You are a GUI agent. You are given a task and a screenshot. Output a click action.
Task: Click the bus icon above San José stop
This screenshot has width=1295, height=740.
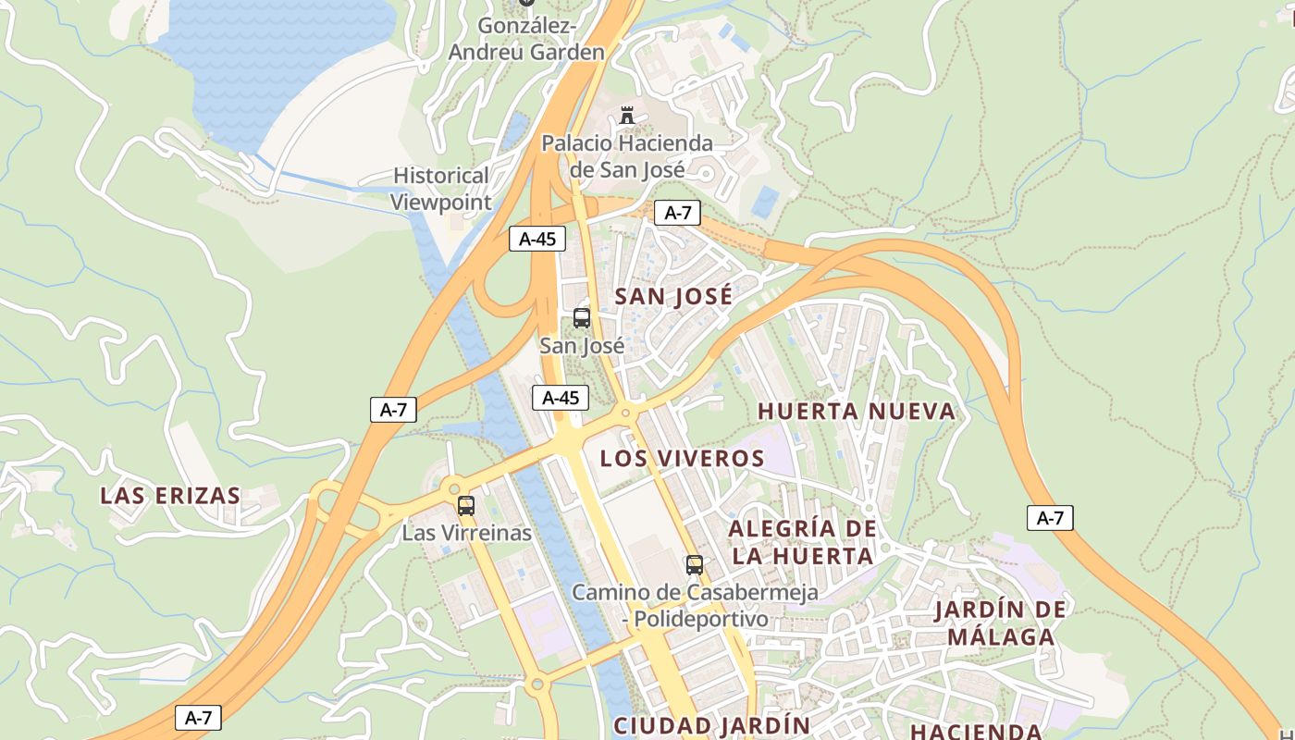582,318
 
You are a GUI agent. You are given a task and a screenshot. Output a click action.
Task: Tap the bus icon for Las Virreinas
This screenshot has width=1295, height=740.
466,506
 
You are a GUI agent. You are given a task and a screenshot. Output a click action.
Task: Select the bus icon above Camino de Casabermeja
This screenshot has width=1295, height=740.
694,564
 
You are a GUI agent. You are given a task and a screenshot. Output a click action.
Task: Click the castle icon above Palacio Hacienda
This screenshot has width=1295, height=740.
628,116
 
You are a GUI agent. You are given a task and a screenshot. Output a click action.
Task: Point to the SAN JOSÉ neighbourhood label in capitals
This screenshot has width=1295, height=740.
673,297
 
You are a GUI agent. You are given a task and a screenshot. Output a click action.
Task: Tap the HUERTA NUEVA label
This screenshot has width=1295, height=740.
856,412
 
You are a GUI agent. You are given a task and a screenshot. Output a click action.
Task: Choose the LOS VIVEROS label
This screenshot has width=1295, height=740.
682,459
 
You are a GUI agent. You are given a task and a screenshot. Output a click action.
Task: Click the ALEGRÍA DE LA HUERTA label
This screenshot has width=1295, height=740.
801,542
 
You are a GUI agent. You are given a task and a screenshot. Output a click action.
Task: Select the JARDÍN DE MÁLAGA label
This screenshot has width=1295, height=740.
1000,623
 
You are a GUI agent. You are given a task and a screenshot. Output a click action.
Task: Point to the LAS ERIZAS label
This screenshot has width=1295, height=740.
170,496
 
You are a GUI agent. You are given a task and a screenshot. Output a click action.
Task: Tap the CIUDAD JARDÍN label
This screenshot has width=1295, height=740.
711,725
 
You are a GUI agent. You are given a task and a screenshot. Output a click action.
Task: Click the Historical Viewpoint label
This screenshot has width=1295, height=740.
440,188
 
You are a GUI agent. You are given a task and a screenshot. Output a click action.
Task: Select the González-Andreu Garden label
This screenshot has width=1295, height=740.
526,39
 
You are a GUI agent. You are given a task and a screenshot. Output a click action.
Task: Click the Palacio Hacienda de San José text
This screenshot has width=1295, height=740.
627,156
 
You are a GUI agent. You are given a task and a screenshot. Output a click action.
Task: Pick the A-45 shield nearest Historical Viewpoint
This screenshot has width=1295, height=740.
537,239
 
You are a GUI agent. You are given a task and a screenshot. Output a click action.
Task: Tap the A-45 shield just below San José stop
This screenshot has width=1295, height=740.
561,398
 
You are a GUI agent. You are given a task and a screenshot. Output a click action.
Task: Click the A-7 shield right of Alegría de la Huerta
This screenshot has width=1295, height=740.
1050,518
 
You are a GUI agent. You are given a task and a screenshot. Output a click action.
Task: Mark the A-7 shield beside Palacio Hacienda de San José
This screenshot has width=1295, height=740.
677,213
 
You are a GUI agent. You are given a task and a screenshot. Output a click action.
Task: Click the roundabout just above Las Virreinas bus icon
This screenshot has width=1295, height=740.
452,487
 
